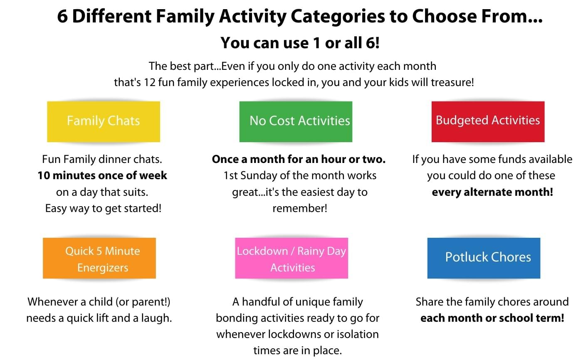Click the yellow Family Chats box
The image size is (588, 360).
pos(104,121)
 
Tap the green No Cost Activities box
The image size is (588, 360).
pos(296,121)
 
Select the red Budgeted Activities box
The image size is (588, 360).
pos(488,121)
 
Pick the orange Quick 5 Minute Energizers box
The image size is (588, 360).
pos(99,258)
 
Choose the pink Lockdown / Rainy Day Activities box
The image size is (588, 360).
pos(292,258)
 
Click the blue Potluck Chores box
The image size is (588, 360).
pos(484,258)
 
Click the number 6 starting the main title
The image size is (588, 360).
pos(62,16)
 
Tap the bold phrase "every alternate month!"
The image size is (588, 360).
pos(492,192)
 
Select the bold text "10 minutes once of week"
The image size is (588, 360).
pos(102,175)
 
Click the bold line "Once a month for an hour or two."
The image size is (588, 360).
pos(299,159)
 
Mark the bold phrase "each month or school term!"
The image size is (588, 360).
pos(492,318)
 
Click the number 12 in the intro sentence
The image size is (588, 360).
pos(150,82)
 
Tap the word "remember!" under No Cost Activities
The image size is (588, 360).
pos(300,208)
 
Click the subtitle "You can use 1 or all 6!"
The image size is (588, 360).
pos(300,43)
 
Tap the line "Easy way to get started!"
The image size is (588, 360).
pos(103,209)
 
